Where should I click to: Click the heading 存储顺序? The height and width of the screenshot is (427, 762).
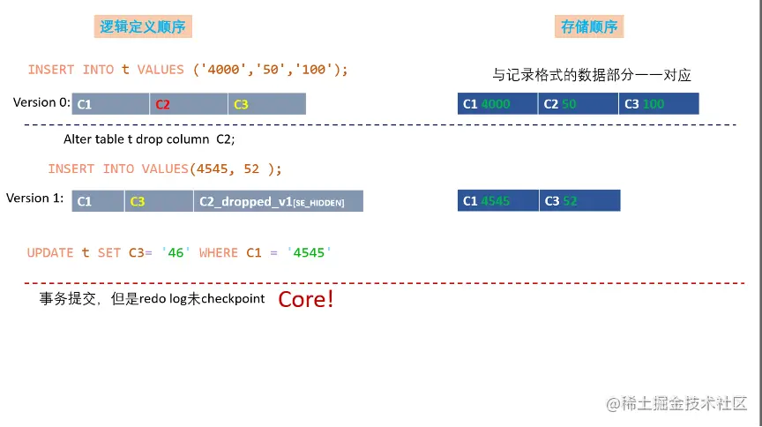click(x=589, y=27)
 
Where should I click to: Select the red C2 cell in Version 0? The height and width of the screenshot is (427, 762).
click(x=188, y=104)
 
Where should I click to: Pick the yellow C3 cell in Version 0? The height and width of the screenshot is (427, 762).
click(x=266, y=104)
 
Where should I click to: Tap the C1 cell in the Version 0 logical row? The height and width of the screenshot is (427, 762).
click(x=110, y=104)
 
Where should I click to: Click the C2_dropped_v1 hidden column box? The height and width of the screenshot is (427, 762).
click(x=278, y=201)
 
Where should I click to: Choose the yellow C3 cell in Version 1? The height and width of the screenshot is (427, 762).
click(x=158, y=201)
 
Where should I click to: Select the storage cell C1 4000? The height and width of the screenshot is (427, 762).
click(x=497, y=104)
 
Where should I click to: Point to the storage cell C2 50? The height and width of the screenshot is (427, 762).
click(x=578, y=104)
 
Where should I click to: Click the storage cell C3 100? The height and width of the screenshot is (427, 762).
click(x=658, y=104)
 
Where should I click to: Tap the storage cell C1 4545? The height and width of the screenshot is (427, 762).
click(x=498, y=201)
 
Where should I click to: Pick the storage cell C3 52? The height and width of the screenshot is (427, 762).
click(x=579, y=201)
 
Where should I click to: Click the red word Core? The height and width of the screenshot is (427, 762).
click(x=306, y=299)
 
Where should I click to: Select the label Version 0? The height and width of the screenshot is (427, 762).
click(x=41, y=102)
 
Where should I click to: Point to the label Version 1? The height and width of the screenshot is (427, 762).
click(x=34, y=198)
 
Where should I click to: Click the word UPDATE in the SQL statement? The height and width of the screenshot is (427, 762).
click(x=50, y=252)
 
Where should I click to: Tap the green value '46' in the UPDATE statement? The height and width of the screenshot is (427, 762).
click(x=176, y=252)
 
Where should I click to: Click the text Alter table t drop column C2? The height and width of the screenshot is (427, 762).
click(x=149, y=139)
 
